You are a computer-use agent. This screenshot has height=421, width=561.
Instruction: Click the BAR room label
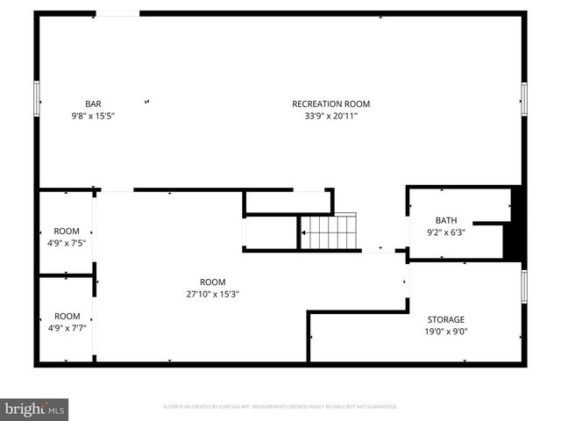pos(92,103)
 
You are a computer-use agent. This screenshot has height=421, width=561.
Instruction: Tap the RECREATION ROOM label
pos(324,103)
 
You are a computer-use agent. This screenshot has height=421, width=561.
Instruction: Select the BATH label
pos(446,220)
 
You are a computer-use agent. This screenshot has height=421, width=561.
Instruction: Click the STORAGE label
pos(445,319)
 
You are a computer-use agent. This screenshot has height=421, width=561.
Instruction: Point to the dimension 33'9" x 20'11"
pos(324,115)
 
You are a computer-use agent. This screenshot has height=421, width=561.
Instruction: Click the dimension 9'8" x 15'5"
pos(92,115)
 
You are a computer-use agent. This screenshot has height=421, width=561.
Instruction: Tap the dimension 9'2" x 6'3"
pos(446,232)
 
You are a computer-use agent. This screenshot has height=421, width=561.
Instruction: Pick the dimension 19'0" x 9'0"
pos(445,332)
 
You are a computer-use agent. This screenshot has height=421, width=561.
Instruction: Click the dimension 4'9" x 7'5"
pos(67,243)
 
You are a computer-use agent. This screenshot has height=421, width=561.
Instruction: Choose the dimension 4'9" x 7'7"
pos(67,328)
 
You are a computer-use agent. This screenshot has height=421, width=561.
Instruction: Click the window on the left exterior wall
pos(37,97)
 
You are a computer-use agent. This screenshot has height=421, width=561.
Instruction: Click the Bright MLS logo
pos(35,409)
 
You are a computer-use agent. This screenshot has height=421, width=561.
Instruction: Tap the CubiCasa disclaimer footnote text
pos(280,407)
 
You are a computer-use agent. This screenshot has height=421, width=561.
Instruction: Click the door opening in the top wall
pos(117,13)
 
